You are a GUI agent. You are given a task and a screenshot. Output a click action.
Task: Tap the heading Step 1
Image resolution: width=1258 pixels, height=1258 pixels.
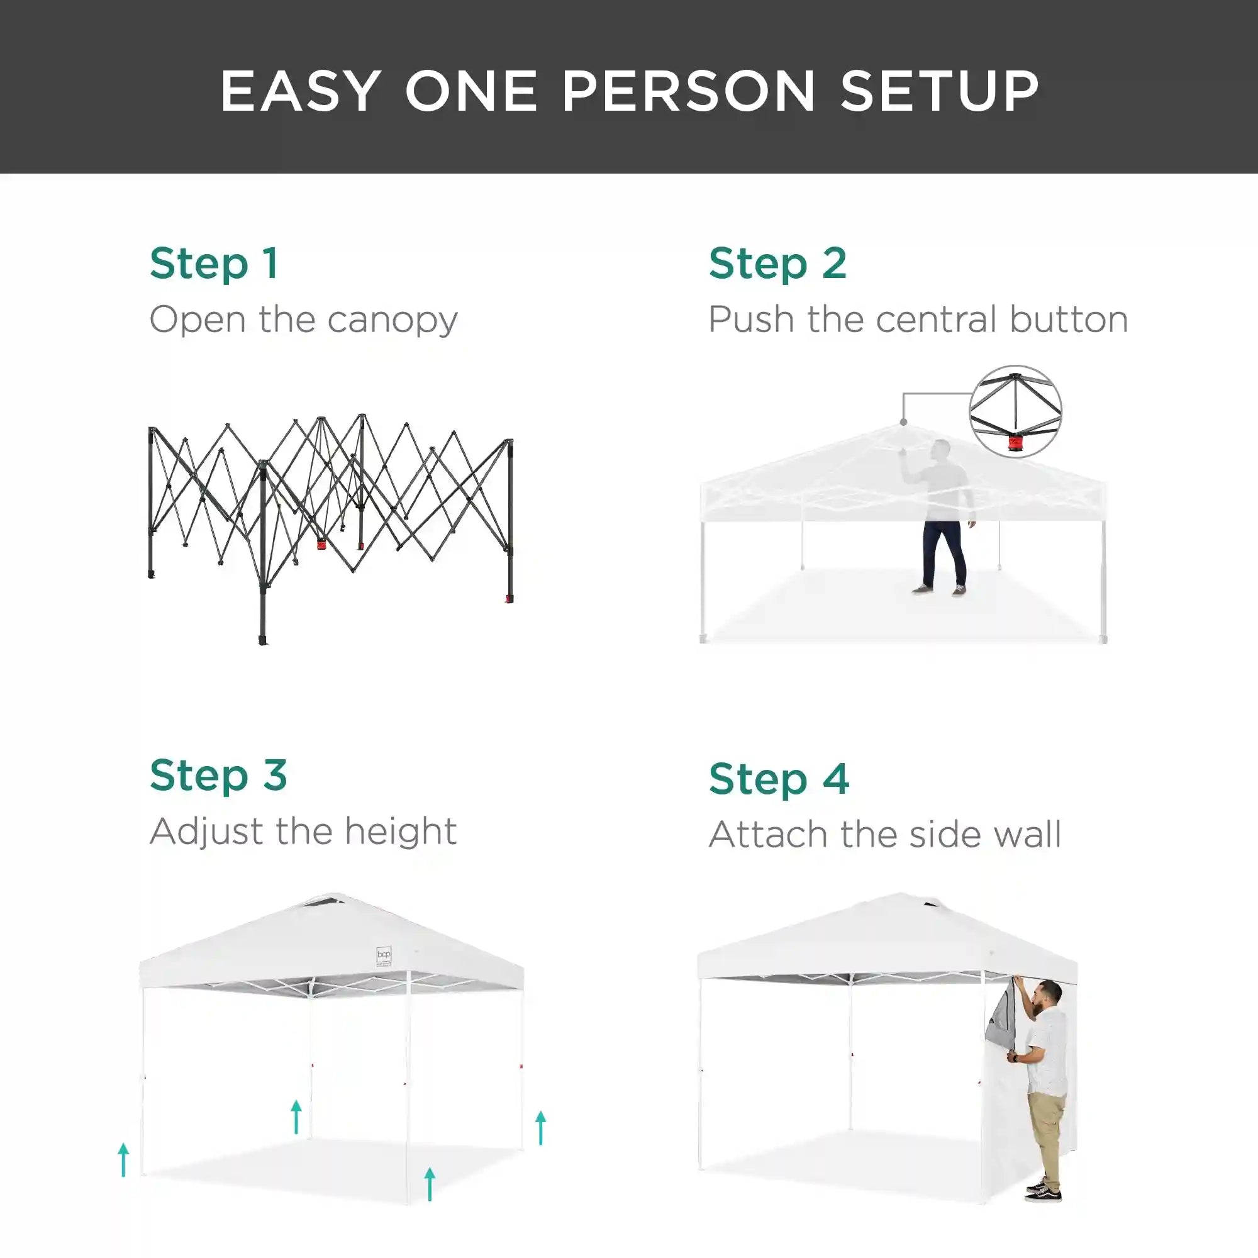pos(214,264)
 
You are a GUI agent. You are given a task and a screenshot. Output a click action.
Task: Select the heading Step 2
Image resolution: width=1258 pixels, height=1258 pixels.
pos(777,264)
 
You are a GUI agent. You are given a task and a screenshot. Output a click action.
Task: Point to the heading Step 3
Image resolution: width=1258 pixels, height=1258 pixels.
pos(218,776)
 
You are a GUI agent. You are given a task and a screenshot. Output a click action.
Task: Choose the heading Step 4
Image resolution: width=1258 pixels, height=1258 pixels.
pos(779,779)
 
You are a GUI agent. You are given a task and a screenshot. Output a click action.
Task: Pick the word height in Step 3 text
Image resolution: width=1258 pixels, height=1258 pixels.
pos(401,832)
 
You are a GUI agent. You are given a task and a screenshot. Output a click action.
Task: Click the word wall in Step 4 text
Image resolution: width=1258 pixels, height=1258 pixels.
pos(1033,834)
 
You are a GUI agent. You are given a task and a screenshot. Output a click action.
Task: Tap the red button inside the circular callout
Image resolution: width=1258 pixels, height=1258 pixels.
pos(1015,443)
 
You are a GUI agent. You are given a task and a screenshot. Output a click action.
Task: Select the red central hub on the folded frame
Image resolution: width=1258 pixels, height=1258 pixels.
pos(321,542)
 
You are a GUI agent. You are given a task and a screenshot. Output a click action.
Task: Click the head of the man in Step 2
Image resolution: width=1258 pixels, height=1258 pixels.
pos(940,450)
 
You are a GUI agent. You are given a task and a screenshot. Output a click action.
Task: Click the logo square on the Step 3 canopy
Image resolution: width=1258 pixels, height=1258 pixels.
pos(384,955)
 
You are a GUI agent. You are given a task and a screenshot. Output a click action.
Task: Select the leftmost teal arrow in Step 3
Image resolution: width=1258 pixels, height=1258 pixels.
pos(123,1160)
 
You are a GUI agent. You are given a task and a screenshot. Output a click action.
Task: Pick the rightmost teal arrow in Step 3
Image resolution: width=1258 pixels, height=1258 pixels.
pos(540,1128)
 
